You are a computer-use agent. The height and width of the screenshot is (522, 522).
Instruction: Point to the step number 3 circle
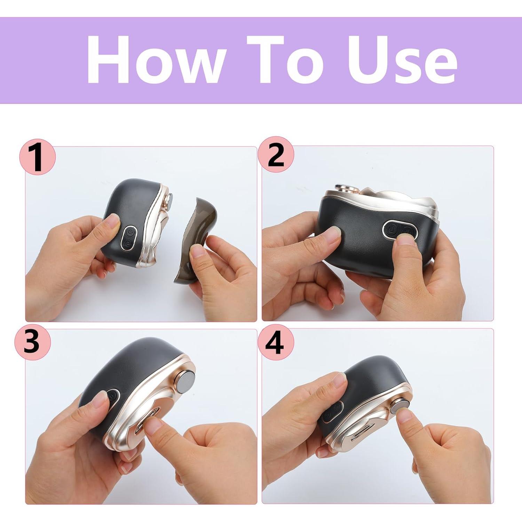tap(32, 341)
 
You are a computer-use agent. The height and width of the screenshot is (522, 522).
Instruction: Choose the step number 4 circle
tap(275, 342)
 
